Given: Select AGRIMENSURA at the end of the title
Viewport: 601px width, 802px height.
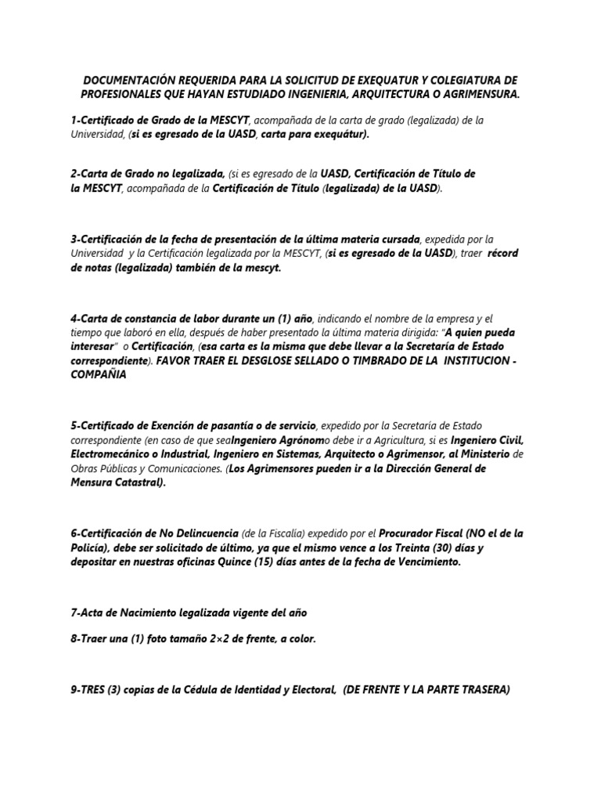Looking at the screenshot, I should (473, 94).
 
